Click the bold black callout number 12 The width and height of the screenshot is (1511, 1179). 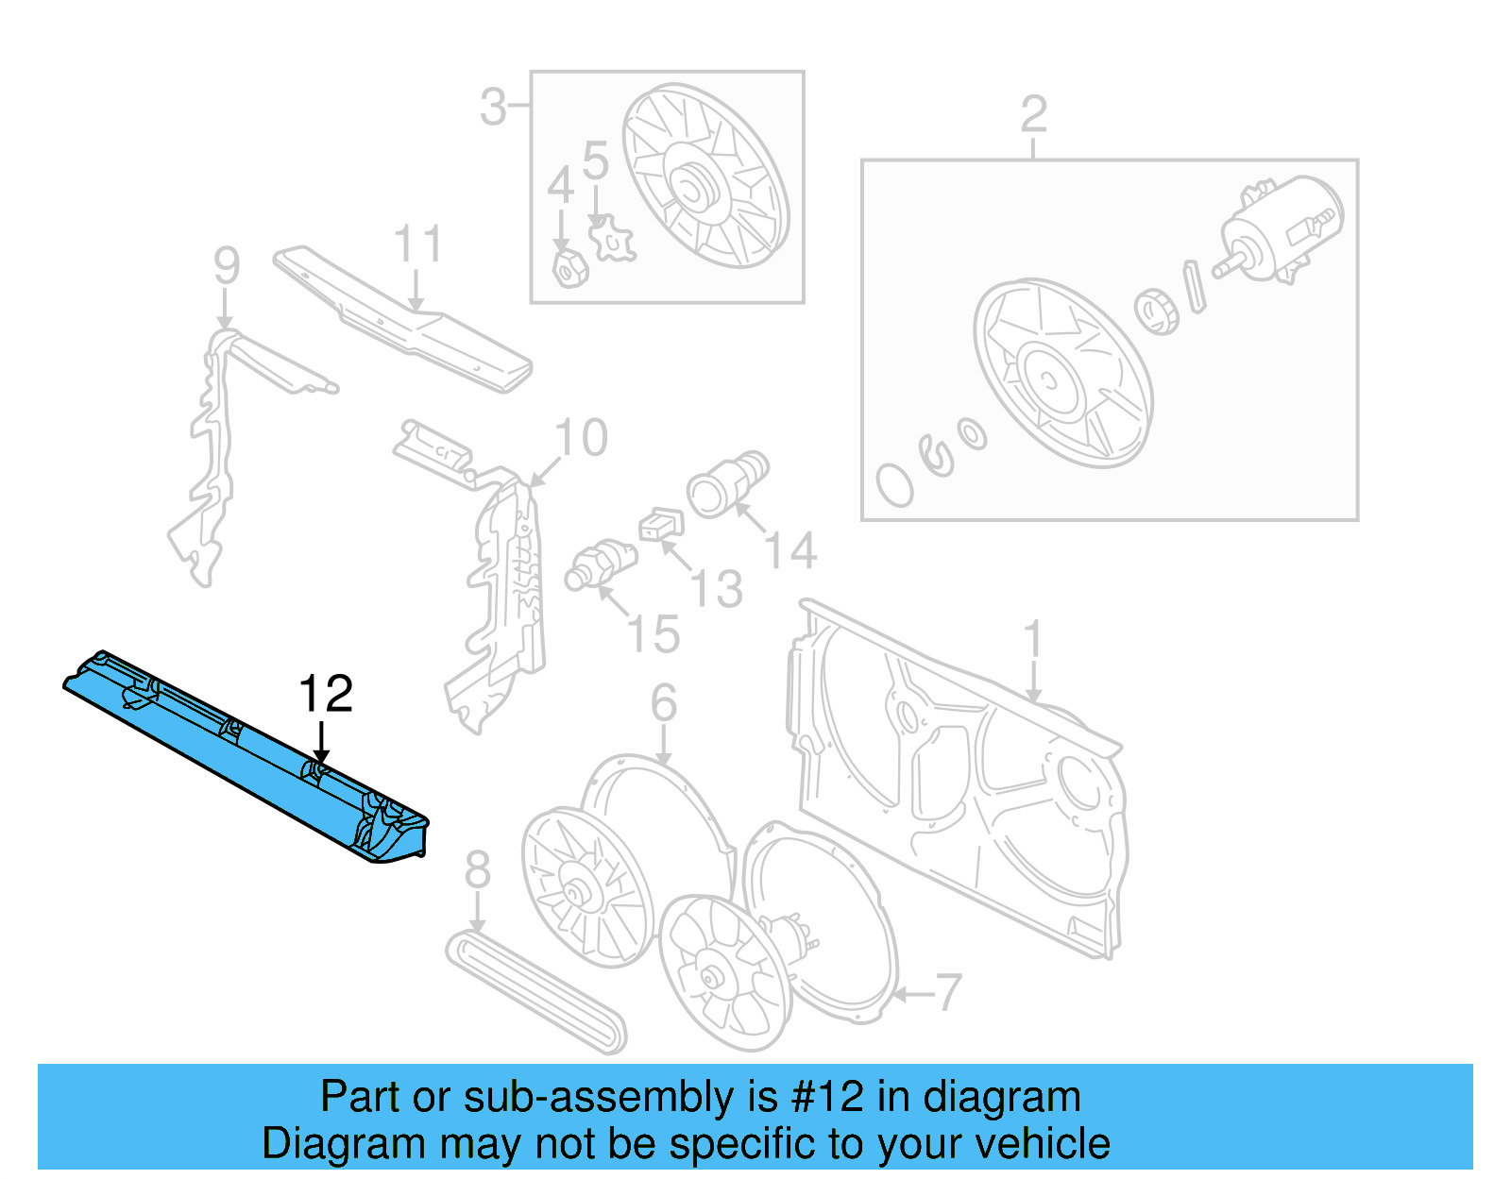(325, 695)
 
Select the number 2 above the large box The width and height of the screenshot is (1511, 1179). (1033, 115)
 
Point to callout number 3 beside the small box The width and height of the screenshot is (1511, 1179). (493, 107)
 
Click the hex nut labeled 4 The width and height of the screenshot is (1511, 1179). (569, 269)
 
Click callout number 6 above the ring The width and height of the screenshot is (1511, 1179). (663, 703)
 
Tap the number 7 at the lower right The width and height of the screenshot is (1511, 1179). (947, 993)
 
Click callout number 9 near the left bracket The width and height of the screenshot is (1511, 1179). (226, 265)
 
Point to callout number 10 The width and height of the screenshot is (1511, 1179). (581, 438)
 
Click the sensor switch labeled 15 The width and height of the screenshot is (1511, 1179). (601, 564)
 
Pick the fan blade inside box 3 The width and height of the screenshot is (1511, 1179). (704, 179)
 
